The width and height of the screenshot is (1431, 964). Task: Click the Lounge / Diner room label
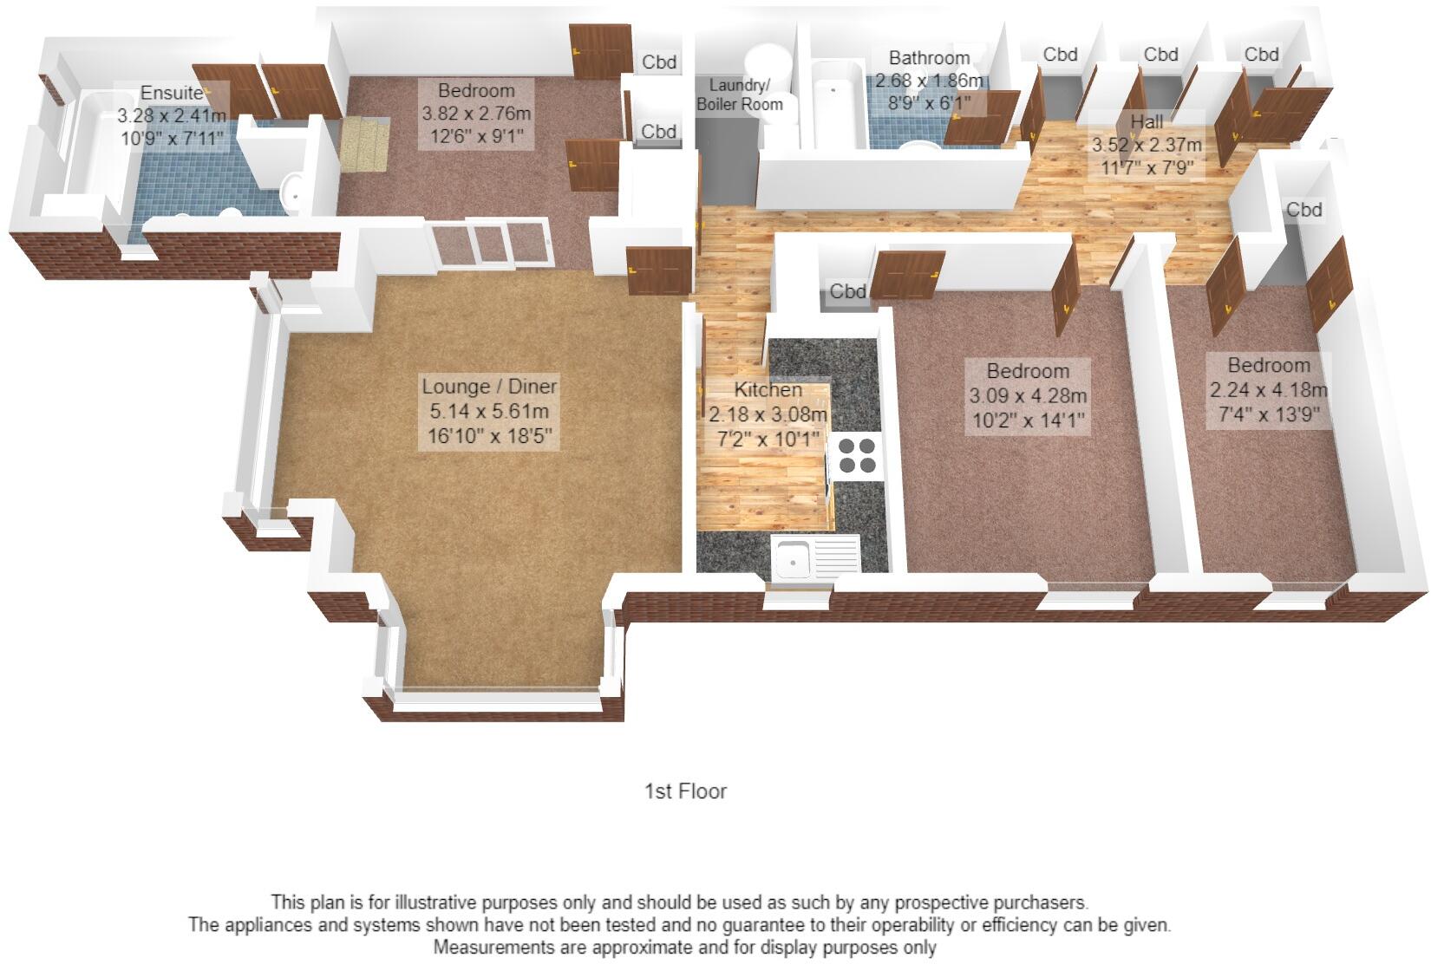tap(489, 387)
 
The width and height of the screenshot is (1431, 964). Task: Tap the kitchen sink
tap(793, 556)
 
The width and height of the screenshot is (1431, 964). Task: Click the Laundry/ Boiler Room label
tap(740, 94)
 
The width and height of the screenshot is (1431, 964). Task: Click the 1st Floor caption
tap(685, 791)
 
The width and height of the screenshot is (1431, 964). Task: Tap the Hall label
tap(1147, 120)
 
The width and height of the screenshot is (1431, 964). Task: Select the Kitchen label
tap(768, 390)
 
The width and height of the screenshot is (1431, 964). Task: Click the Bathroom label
tap(929, 58)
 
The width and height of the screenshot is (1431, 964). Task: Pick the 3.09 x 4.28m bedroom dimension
tap(1027, 396)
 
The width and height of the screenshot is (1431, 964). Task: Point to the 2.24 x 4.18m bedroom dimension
tap(1268, 390)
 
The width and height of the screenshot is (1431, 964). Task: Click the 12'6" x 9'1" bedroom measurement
tap(476, 136)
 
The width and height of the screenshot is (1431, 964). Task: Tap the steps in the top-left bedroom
tap(364, 144)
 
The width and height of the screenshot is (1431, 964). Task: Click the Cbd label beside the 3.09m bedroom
tap(847, 291)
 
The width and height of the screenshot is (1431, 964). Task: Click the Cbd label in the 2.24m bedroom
tap(1304, 210)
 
